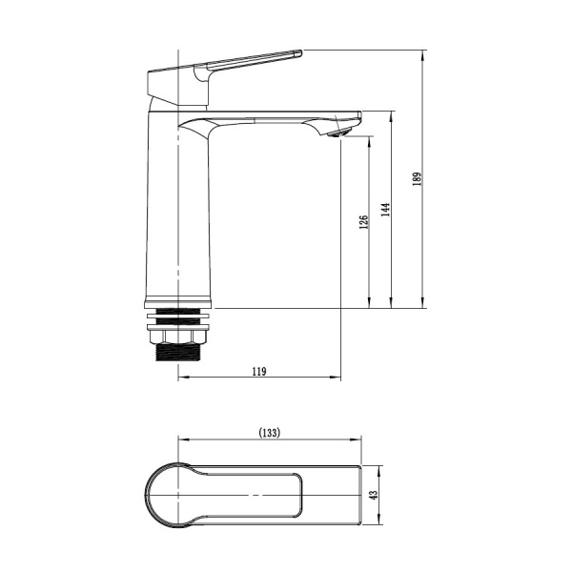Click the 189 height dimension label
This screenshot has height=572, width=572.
point(418,179)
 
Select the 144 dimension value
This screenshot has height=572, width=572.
point(385,210)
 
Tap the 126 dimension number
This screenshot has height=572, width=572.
point(364,222)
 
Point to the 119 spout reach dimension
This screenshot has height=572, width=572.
point(259,372)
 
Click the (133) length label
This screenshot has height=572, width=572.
point(270,433)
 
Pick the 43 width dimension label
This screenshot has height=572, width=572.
point(374,495)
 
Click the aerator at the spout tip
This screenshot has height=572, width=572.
point(338,133)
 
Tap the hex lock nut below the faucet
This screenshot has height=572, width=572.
point(178,337)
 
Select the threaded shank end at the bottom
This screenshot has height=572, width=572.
point(177,352)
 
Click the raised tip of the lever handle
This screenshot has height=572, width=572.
point(296,53)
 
